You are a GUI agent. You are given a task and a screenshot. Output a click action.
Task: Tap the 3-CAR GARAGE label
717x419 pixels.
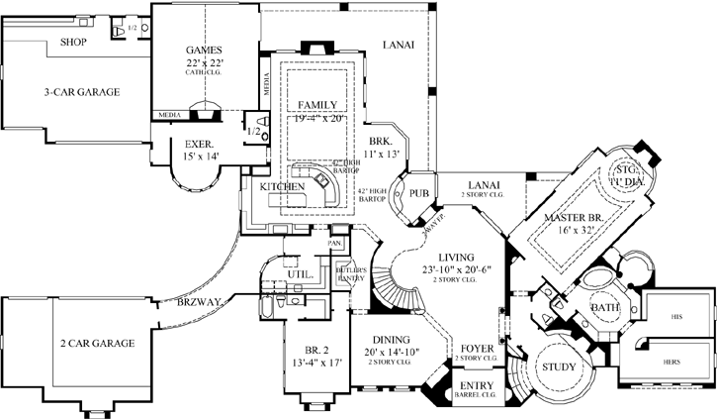coord(81,92)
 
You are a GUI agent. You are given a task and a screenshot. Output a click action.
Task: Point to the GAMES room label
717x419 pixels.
coord(205,51)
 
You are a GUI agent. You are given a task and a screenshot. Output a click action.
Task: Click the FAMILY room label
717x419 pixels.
coord(316,104)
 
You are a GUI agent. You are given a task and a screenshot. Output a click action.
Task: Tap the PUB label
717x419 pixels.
coord(417,192)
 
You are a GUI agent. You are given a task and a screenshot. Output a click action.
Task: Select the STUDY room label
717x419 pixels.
coord(560,367)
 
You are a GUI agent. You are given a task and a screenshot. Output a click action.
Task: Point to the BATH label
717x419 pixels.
coord(605,308)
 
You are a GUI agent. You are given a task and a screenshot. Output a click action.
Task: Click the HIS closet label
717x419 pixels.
coord(676,317)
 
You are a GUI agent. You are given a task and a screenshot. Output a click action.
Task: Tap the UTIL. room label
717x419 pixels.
coord(300,273)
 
